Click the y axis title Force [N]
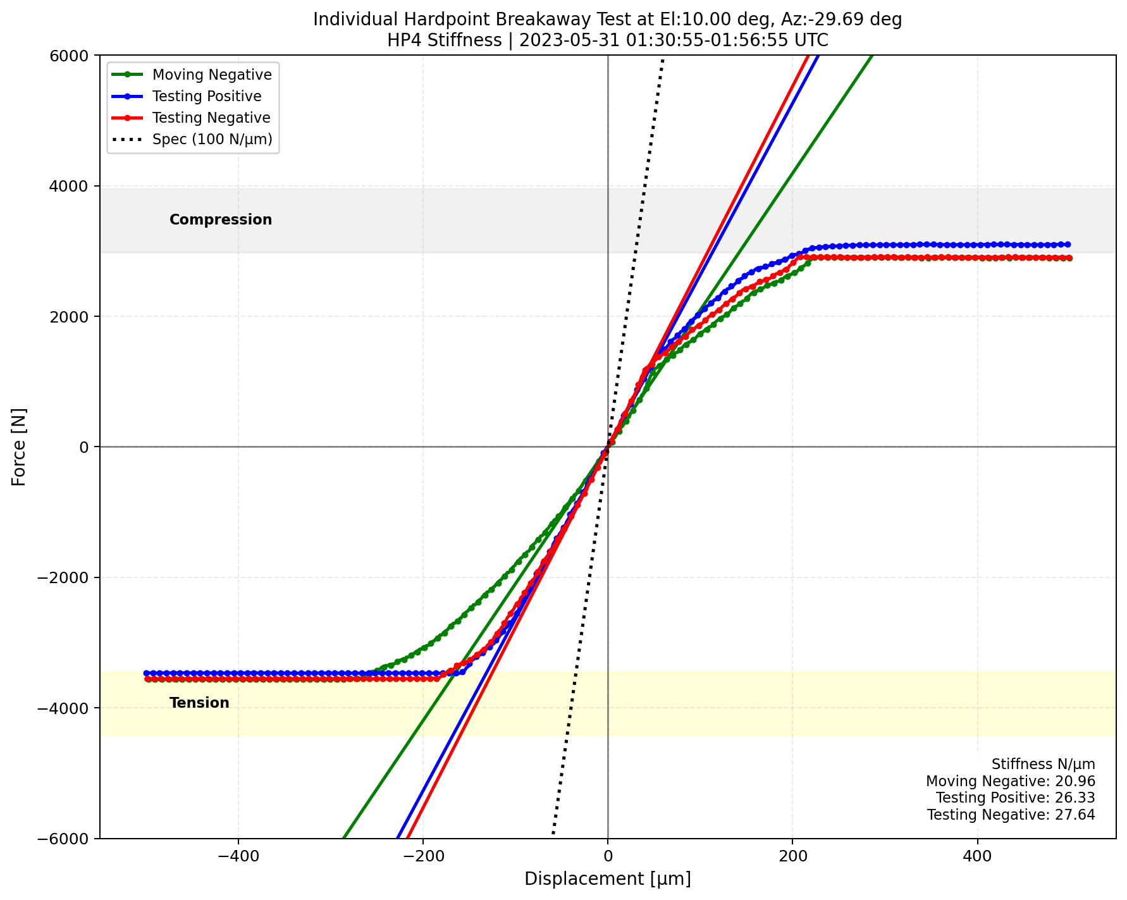[x=20, y=447]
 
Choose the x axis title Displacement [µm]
[x=607, y=879]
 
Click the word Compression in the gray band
[x=221, y=219]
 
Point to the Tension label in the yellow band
[x=199, y=703]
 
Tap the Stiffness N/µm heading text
[x=1043, y=765]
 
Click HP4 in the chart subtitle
[x=402, y=40]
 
